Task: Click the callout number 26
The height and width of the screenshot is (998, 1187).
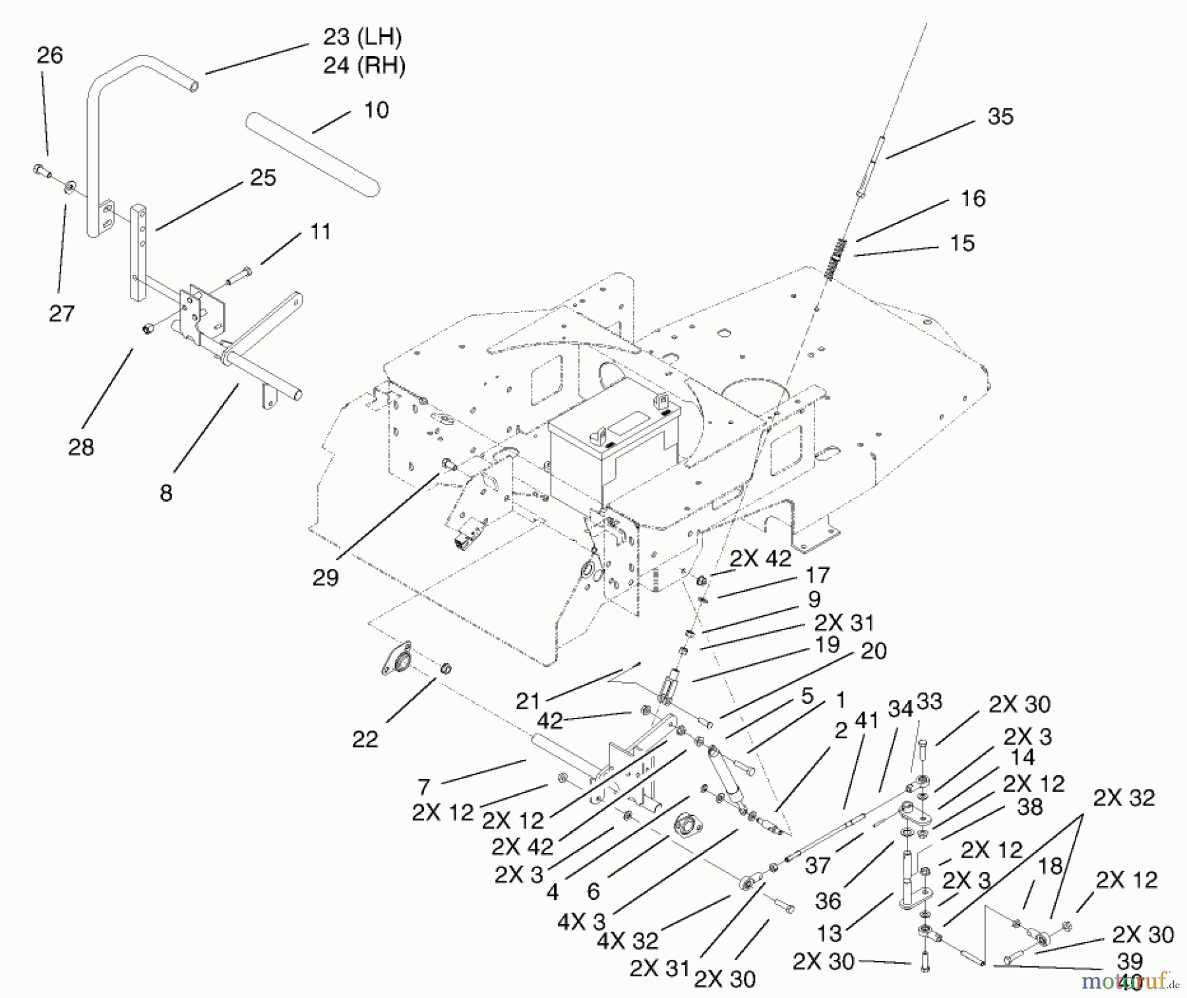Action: pos(49,55)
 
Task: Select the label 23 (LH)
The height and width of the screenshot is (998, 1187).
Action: pos(362,37)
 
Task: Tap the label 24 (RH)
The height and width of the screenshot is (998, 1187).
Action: pos(364,66)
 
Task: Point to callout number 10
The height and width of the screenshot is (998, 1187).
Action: pos(376,110)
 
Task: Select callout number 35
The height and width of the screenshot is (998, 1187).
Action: pos(1000,117)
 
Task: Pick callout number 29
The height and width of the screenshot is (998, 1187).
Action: pos(325,578)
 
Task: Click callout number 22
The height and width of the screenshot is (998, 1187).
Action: pos(365,740)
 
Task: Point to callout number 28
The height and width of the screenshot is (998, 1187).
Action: pos(81,448)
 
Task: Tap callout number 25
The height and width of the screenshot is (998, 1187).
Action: pos(262,178)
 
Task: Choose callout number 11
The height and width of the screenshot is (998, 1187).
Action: pos(320,232)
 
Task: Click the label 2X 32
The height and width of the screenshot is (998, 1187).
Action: pos(1124,798)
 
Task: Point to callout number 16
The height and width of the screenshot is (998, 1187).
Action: pos(973,198)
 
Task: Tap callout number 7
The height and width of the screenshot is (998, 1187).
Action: pos(423,787)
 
